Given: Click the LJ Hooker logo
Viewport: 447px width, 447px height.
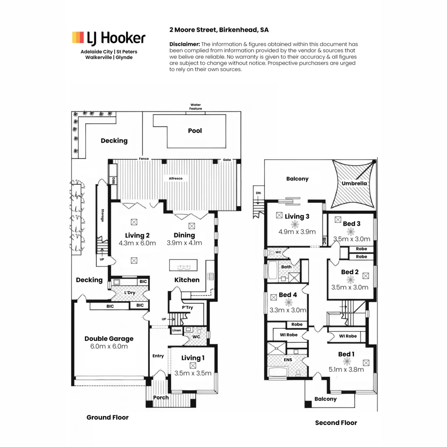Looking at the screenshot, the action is tap(109, 38).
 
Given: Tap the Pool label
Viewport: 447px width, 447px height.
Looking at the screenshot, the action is tap(195, 131).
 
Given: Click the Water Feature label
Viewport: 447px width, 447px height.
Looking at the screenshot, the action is tap(196, 107).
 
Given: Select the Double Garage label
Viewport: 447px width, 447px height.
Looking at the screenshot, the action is tap(109, 339).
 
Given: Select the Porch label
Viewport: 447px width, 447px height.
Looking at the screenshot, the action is tap(161, 398).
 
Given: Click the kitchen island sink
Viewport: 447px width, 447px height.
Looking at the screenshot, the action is tap(183, 266).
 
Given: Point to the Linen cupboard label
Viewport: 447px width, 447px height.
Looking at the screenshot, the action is tap(176, 330).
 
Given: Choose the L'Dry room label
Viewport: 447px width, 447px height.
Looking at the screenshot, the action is tap(129, 293).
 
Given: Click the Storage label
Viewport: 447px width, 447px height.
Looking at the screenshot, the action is tap(102, 215).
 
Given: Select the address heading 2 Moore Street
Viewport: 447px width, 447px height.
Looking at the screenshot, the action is tap(219, 30).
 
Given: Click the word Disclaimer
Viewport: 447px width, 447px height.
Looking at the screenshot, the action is tap(185, 44).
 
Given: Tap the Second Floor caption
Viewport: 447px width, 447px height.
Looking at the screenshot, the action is tap(336, 423).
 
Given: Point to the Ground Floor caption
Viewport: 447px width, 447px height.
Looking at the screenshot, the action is tap(107, 417).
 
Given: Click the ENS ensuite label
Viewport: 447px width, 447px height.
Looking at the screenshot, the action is tap(288, 360).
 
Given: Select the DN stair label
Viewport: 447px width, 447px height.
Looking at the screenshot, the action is tap(258, 193).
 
